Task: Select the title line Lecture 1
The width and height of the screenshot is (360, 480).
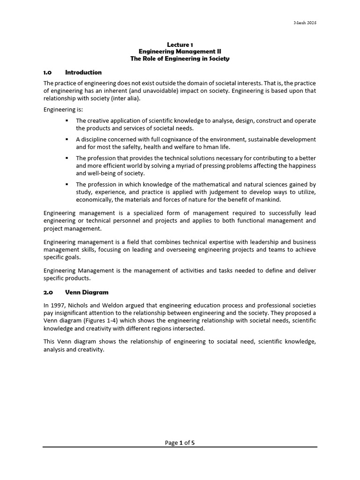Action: [x=180, y=45]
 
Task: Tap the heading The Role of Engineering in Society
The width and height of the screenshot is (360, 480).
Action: [x=180, y=59]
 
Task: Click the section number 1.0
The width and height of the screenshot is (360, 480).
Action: [x=47, y=73]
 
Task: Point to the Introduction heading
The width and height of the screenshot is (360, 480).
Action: [x=83, y=73]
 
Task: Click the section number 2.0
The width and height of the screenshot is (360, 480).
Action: [x=47, y=292]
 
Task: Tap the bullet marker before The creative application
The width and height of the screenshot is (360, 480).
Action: [x=67, y=120]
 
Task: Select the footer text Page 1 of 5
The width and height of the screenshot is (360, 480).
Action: [x=180, y=442]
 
